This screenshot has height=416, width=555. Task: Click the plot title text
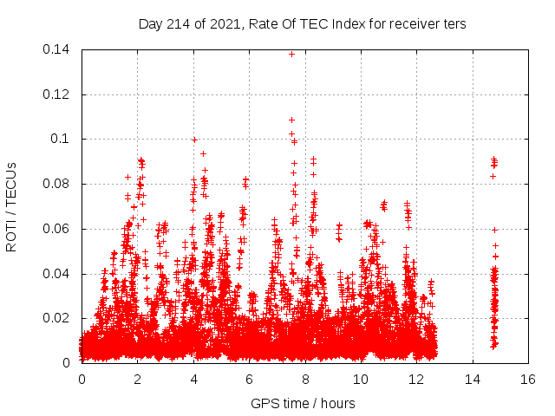pyautogui.click(x=302, y=24)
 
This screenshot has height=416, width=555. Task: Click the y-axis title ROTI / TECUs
pyautogui.click(x=12, y=206)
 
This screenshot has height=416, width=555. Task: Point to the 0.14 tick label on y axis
pyautogui.click(x=59, y=49)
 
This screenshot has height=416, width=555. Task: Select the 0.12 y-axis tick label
pyautogui.click(x=59, y=94)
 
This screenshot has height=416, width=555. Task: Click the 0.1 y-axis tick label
pyautogui.click(x=63, y=140)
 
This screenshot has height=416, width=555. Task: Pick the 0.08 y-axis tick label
pyautogui.click(x=59, y=184)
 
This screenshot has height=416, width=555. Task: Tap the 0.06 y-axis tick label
pyautogui.click(x=59, y=229)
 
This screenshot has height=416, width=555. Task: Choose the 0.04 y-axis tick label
pyautogui.click(x=59, y=274)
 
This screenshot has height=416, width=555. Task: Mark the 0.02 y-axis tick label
pyautogui.click(x=59, y=318)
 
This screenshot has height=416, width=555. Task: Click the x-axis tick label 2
pyautogui.click(x=138, y=380)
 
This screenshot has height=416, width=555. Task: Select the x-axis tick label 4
pyautogui.click(x=193, y=380)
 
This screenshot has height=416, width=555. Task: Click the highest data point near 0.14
pyautogui.click(x=291, y=54)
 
